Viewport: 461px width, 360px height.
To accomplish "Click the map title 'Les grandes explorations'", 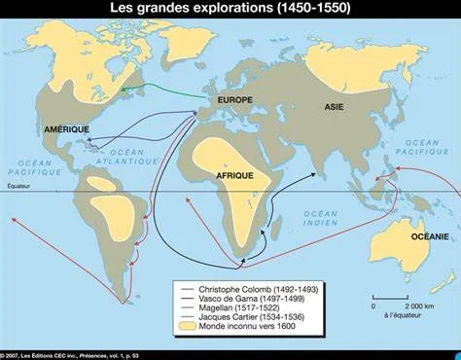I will pyautogui.click(x=230, y=11).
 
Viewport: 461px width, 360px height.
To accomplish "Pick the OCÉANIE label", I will pyautogui.click(x=429, y=235).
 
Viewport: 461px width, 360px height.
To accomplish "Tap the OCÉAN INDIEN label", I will pyautogui.click(x=319, y=219).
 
